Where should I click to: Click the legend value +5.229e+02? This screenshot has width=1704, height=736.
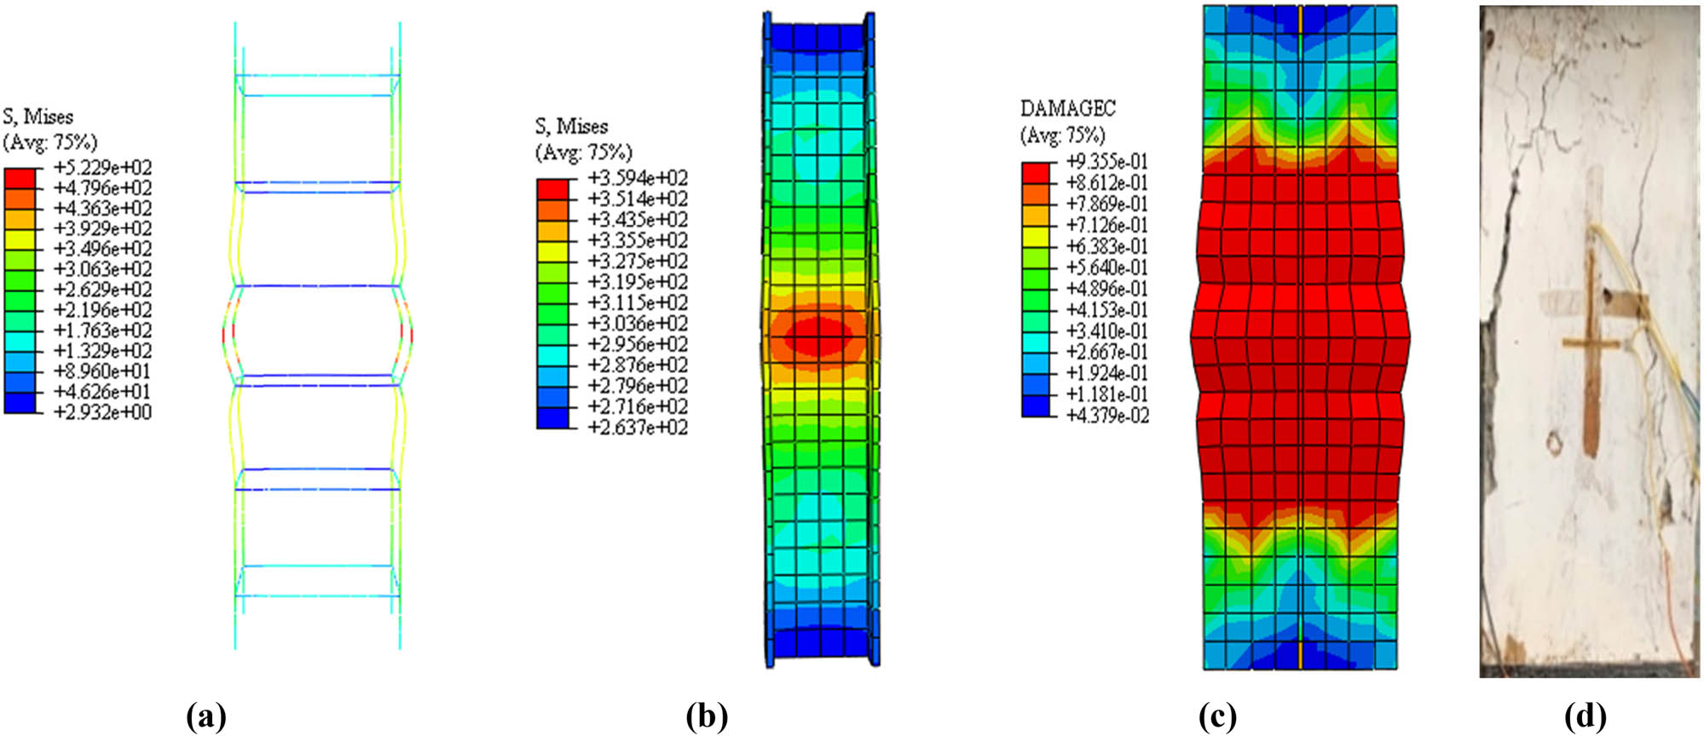coord(102,168)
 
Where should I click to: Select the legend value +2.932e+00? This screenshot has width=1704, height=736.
coord(102,412)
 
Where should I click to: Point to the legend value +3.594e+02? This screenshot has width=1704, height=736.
coord(638,178)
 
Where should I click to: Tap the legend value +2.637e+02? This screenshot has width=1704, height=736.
coord(638,427)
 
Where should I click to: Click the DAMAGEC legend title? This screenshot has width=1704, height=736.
coord(1067,109)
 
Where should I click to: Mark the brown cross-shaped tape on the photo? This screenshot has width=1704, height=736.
coord(1591,343)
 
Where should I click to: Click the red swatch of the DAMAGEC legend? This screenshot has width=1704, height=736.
coord(1036,172)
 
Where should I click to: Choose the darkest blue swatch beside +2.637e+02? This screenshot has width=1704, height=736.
coord(552,417)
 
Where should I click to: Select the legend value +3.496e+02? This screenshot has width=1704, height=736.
coord(102,250)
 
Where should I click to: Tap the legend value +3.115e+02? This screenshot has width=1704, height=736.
coord(638,302)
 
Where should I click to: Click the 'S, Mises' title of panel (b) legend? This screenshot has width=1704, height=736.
coord(571,127)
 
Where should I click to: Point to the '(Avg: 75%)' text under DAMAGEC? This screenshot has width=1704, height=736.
coord(1062,135)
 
